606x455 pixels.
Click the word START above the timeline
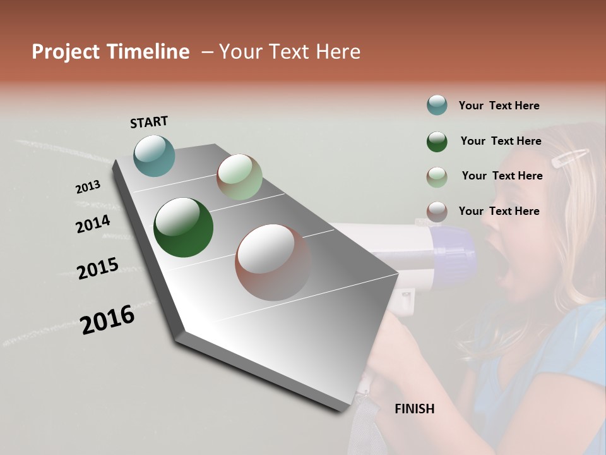tap(149, 122)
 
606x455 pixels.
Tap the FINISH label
tap(414, 409)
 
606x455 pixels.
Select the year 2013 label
tap(88, 187)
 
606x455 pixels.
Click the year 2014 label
tap(93, 224)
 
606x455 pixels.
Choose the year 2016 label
tap(107, 319)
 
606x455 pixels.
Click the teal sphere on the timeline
tap(155, 155)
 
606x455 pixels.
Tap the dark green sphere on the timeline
tap(183, 227)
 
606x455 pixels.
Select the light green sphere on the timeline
tap(239, 177)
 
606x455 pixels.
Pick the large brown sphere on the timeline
tap(273, 262)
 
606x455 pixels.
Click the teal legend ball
tap(437, 106)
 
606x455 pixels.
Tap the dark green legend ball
tap(437, 142)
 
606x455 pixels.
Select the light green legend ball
tap(437, 177)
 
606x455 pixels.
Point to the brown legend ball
tap(437, 212)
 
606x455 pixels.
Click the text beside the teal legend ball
tap(499, 106)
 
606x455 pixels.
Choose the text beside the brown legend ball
tap(499, 211)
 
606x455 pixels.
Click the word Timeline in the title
tap(150, 52)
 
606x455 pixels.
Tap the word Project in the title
tap(65, 52)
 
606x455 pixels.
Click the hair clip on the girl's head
tap(570, 157)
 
